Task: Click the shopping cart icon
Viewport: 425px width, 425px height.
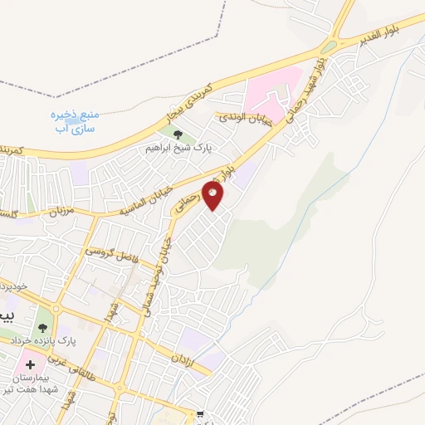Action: (x=199, y=413)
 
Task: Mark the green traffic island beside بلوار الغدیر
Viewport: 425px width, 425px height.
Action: (x=331, y=46)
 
